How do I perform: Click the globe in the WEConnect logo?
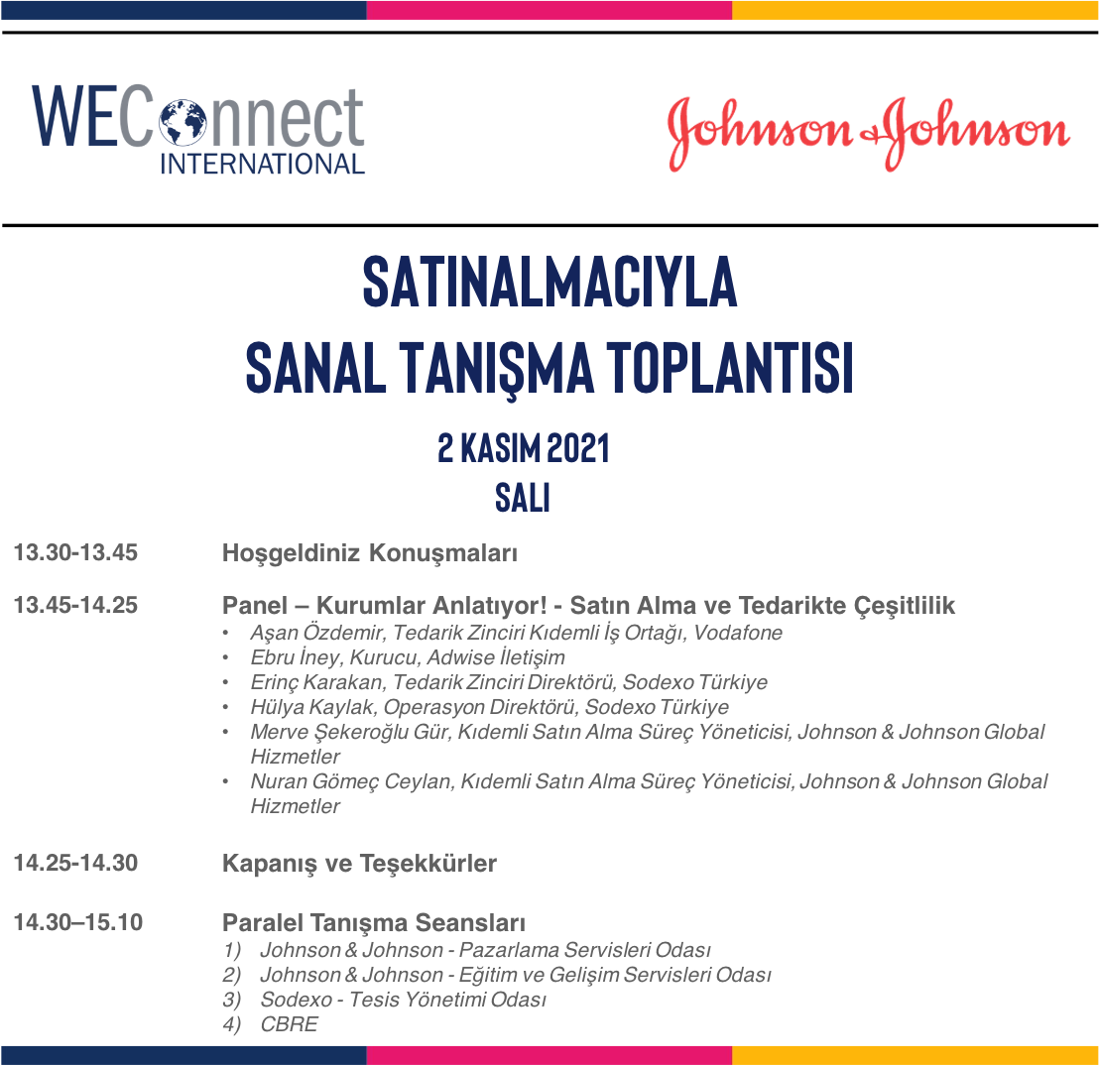tap(183, 123)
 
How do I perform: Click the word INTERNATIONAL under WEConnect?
tap(262, 164)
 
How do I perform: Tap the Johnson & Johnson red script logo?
tap(869, 133)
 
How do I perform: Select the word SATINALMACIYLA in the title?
tap(549, 282)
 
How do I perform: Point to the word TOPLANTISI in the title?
tap(730, 367)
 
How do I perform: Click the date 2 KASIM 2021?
tap(523, 448)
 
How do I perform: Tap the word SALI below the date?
tap(522, 498)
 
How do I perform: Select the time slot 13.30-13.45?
tap(75, 552)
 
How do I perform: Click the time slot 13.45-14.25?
tap(75, 605)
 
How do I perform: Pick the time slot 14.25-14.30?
tap(75, 863)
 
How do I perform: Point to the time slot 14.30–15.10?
tap(78, 922)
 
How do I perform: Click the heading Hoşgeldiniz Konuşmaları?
tap(370, 553)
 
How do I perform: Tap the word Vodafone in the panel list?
tap(738, 633)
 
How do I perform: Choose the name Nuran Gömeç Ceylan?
tap(351, 781)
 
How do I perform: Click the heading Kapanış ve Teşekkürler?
tap(360, 864)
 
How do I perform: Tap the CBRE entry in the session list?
tap(289, 1024)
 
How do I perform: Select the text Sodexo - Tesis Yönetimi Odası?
tap(403, 1000)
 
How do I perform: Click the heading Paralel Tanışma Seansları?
tap(374, 924)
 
